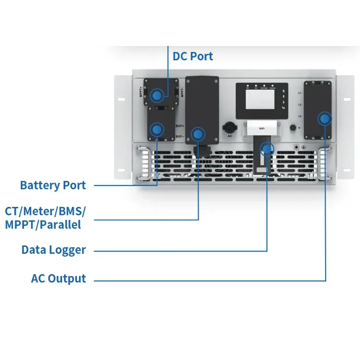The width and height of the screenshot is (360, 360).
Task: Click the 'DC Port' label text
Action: tap(193, 56)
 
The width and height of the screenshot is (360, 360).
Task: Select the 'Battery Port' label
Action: tap(53, 185)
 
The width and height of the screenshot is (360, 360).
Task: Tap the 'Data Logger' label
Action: tap(54, 250)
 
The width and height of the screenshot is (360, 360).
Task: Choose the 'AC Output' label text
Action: tap(58, 278)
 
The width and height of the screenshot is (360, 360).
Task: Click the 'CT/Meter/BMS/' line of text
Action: tap(45, 211)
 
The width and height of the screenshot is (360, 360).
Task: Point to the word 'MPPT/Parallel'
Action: tap(43, 225)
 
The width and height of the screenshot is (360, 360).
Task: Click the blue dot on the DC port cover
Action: tap(158, 95)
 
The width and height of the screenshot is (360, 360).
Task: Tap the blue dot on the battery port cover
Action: tap(158, 129)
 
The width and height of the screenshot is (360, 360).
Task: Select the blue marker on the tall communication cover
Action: tap(199, 134)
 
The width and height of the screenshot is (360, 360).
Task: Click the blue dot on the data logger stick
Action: tap(267, 149)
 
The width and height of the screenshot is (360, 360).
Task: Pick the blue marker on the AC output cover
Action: tap(325, 119)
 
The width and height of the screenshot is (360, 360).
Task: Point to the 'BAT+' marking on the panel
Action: tap(180, 126)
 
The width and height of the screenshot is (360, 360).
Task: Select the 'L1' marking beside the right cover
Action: tap(300, 93)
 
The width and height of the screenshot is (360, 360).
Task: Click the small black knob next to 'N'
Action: tap(293, 127)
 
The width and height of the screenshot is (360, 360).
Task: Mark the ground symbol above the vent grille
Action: tap(303, 148)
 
